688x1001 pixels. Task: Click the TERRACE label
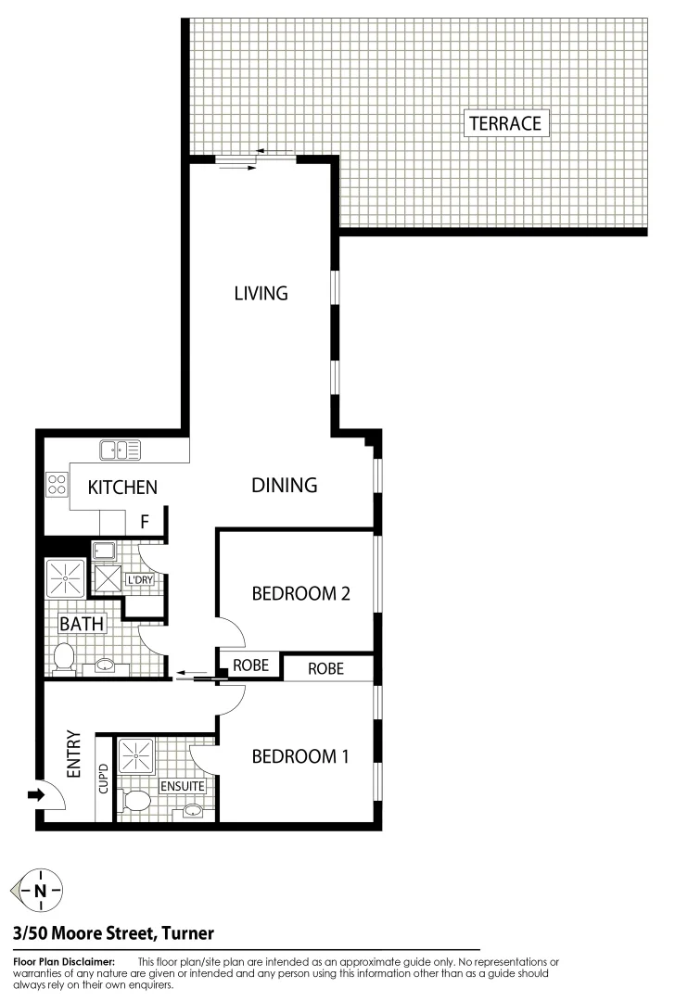tap(504, 123)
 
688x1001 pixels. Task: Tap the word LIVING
tap(261, 294)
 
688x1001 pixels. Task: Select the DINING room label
tap(285, 485)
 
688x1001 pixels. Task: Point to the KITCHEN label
tap(122, 488)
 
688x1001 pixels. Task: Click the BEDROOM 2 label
tap(300, 594)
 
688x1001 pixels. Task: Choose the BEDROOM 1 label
tap(300, 756)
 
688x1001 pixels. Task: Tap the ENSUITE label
tap(182, 786)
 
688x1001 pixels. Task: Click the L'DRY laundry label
tap(139, 580)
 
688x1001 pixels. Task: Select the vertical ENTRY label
tap(75, 754)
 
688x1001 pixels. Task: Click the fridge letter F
tap(145, 522)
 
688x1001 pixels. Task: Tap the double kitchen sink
tap(121, 451)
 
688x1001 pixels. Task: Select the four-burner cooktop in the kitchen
tap(57, 484)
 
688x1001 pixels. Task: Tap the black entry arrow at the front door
tap(36, 794)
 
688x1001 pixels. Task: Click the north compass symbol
tap(40, 892)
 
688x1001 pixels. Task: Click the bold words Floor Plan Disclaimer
tap(64, 963)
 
